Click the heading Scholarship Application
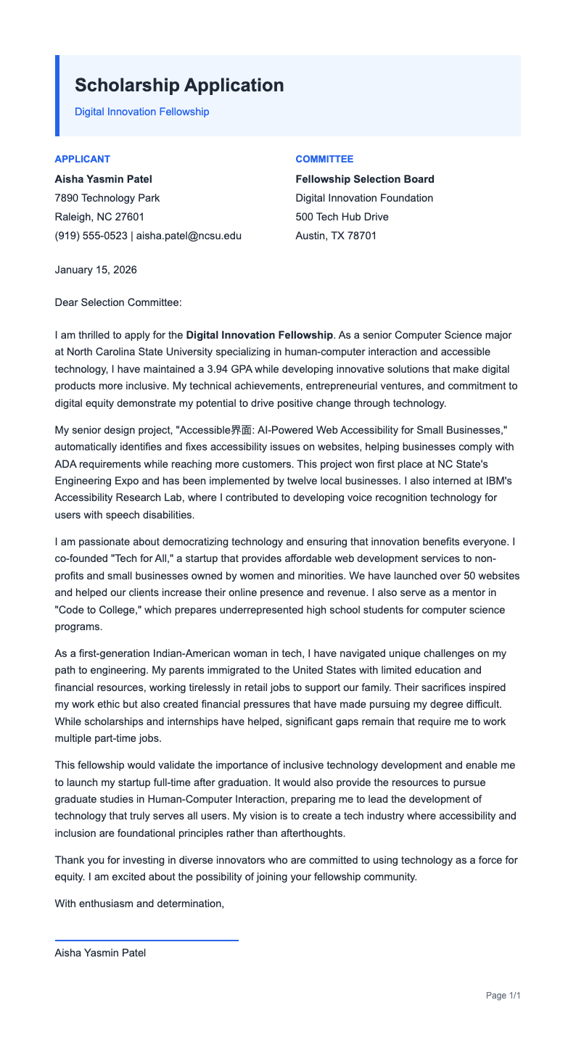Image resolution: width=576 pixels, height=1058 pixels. coord(179,86)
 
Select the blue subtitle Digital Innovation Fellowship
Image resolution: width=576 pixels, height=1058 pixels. coord(141,112)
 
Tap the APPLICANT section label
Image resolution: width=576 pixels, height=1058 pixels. coord(83,159)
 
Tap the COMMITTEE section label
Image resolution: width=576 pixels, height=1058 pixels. coord(324,159)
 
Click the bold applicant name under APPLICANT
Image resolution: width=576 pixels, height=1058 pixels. coord(103,179)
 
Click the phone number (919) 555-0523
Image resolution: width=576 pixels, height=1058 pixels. coord(91,236)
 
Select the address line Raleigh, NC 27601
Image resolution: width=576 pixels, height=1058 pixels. coord(99,217)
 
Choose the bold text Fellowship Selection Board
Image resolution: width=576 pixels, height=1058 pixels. coord(365,179)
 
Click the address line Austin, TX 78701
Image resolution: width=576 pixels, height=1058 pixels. coord(336,236)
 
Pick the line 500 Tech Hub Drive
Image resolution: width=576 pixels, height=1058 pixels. coord(342,217)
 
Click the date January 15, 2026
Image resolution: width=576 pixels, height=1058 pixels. coord(96,270)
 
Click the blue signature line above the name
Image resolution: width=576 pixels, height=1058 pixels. coord(147,941)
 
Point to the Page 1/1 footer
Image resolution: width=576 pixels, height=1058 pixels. coord(503,996)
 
